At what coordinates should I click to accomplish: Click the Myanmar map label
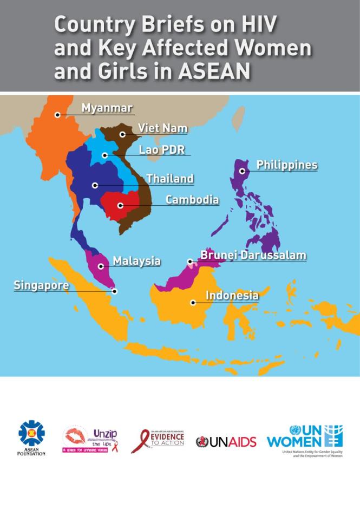tap(107, 108)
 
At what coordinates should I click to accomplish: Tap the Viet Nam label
tap(162, 128)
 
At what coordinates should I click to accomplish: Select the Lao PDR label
tap(161, 150)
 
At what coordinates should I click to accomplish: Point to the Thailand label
tap(169, 178)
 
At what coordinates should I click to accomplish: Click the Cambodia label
tap(192, 199)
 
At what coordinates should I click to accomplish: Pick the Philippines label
tap(286, 165)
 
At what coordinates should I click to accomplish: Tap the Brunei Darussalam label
tap(253, 255)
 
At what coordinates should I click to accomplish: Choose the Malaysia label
tap(136, 261)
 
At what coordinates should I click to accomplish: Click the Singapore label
tap(41, 285)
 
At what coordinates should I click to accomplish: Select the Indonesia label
tap(232, 296)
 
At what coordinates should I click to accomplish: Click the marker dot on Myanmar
tap(57, 115)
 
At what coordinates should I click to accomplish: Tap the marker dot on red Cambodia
tap(121, 206)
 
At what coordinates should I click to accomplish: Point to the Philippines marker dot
tap(243, 171)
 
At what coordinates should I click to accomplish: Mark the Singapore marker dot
tap(115, 291)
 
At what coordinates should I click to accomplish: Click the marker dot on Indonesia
tap(193, 303)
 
